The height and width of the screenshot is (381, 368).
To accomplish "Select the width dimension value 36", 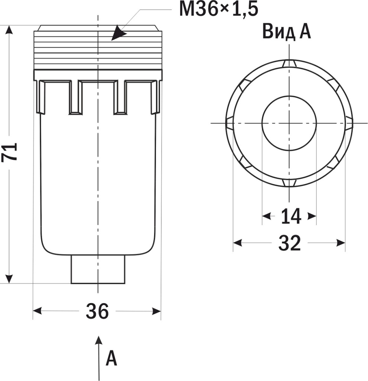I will [97, 311].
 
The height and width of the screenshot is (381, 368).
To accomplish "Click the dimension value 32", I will [290, 243].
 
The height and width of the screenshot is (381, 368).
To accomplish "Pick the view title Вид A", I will [286, 32].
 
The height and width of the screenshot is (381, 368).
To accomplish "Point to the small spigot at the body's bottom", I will [98, 270].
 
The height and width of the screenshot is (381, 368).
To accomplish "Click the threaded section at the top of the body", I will [98, 50].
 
